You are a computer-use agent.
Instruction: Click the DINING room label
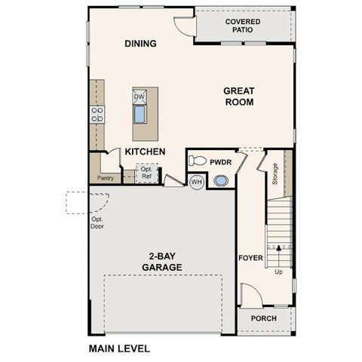(x=140, y=44)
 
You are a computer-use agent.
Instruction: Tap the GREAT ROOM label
(x=238, y=97)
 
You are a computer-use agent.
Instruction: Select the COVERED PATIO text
(x=243, y=26)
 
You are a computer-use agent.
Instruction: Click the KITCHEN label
(x=145, y=152)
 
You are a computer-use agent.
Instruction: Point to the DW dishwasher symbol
(x=140, y=97)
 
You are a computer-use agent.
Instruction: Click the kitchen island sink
(x=140, y=115)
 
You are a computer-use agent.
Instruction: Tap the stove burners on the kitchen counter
(x=97, y=114)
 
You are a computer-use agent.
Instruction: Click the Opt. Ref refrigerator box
(x=146, y=173)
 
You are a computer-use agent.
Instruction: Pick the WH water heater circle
(x=196, y=182)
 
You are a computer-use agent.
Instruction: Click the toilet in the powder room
(x=198, y=161)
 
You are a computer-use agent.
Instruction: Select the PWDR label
(x=221, y=161)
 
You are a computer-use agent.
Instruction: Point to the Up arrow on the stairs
(x=279, y=249)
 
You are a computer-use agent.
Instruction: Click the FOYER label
(x=250, y=256)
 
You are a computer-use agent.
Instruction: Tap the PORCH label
(x=263, y=318)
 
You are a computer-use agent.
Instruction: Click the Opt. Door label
(x=97, y=223)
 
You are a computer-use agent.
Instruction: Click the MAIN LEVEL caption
(x=119, y=349)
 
